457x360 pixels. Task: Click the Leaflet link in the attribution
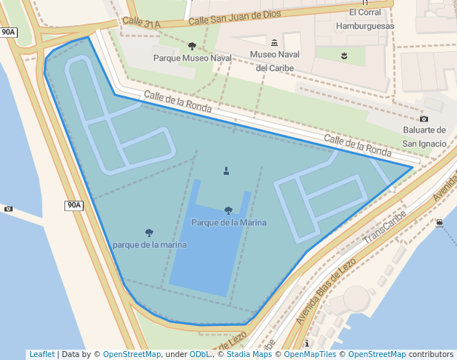point(41,354)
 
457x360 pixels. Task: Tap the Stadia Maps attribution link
point(250,354)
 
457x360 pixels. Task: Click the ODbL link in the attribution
point(199,354)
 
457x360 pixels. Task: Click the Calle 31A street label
point(141,24)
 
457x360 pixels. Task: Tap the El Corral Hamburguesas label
point(364,19)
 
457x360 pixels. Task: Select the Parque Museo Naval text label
point(192,58)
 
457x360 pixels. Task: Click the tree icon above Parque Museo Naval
point(193,46)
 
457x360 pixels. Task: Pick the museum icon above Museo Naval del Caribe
point(275,43)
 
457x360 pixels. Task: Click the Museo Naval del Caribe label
point(275,61)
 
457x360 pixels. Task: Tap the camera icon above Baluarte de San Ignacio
point(424,119)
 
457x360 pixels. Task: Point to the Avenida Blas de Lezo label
point(326,290)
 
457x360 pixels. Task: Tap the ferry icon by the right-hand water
point(440,222)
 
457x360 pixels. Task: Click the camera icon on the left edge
point(8,209)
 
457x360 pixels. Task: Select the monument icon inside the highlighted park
point(227,171)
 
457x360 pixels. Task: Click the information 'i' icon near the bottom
point(307,344)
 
